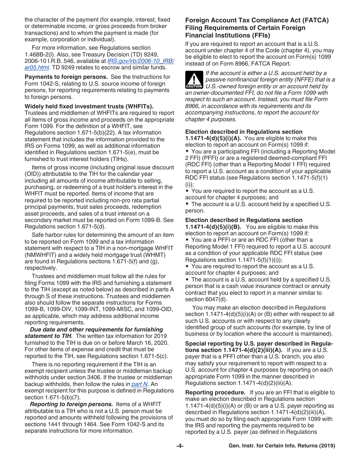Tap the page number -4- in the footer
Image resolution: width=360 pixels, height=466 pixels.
point(180,446)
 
